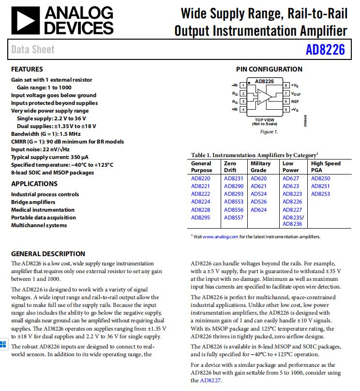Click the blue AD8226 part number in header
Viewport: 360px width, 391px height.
325,50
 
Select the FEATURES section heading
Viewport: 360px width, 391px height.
27,69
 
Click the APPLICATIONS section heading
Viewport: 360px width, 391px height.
34,184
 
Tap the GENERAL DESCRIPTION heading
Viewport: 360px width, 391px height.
48,254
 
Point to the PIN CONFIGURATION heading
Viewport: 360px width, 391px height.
269,69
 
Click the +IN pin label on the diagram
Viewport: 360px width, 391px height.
235,110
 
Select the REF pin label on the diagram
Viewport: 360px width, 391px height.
295,101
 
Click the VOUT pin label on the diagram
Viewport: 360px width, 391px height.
296,93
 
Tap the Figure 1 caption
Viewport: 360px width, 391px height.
269,132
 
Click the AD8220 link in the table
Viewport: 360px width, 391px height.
200,178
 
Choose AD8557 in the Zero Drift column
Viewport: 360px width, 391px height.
233,217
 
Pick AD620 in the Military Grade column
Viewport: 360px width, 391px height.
259,178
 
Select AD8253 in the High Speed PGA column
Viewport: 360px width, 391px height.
320,194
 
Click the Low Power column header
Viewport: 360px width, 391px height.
291,167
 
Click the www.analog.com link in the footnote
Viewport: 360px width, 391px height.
221,237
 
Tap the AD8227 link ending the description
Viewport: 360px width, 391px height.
211,380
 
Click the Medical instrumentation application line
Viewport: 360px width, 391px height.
43,210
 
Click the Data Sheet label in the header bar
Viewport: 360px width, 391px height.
33,49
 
